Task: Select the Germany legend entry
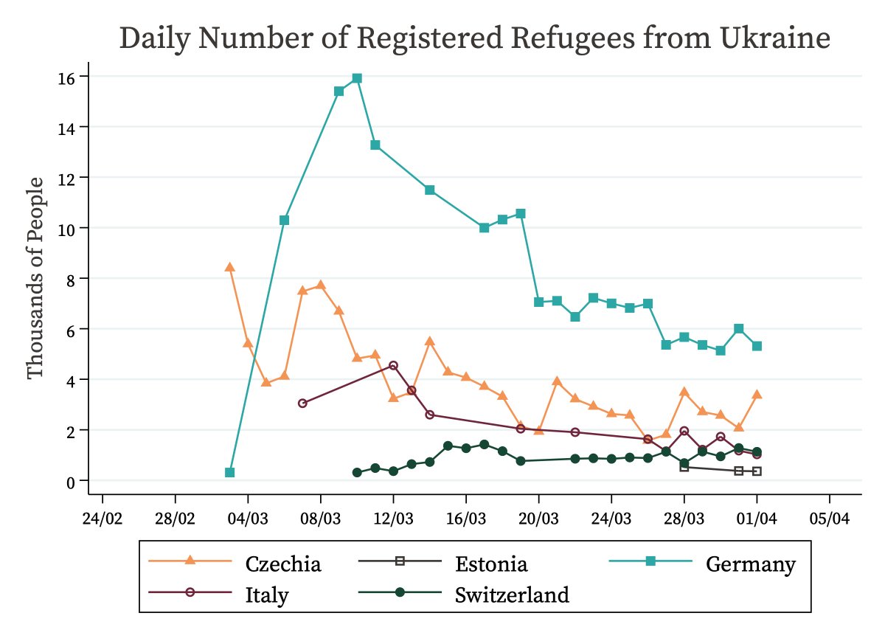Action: (750, 564)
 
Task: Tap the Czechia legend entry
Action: (283, 564)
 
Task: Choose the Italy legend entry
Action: (266, 595)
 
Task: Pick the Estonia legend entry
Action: (491, 564)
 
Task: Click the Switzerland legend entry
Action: (512, 595)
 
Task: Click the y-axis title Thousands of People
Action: (36, 277)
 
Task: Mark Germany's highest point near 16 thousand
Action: (357, 78)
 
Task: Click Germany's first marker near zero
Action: (229, 472)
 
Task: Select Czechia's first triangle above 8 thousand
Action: (229, 267)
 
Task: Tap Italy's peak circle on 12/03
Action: (393, 366)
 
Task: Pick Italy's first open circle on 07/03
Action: (302, 404)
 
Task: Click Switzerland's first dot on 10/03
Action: (357, 472)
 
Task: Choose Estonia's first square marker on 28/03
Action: (684, 467)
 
